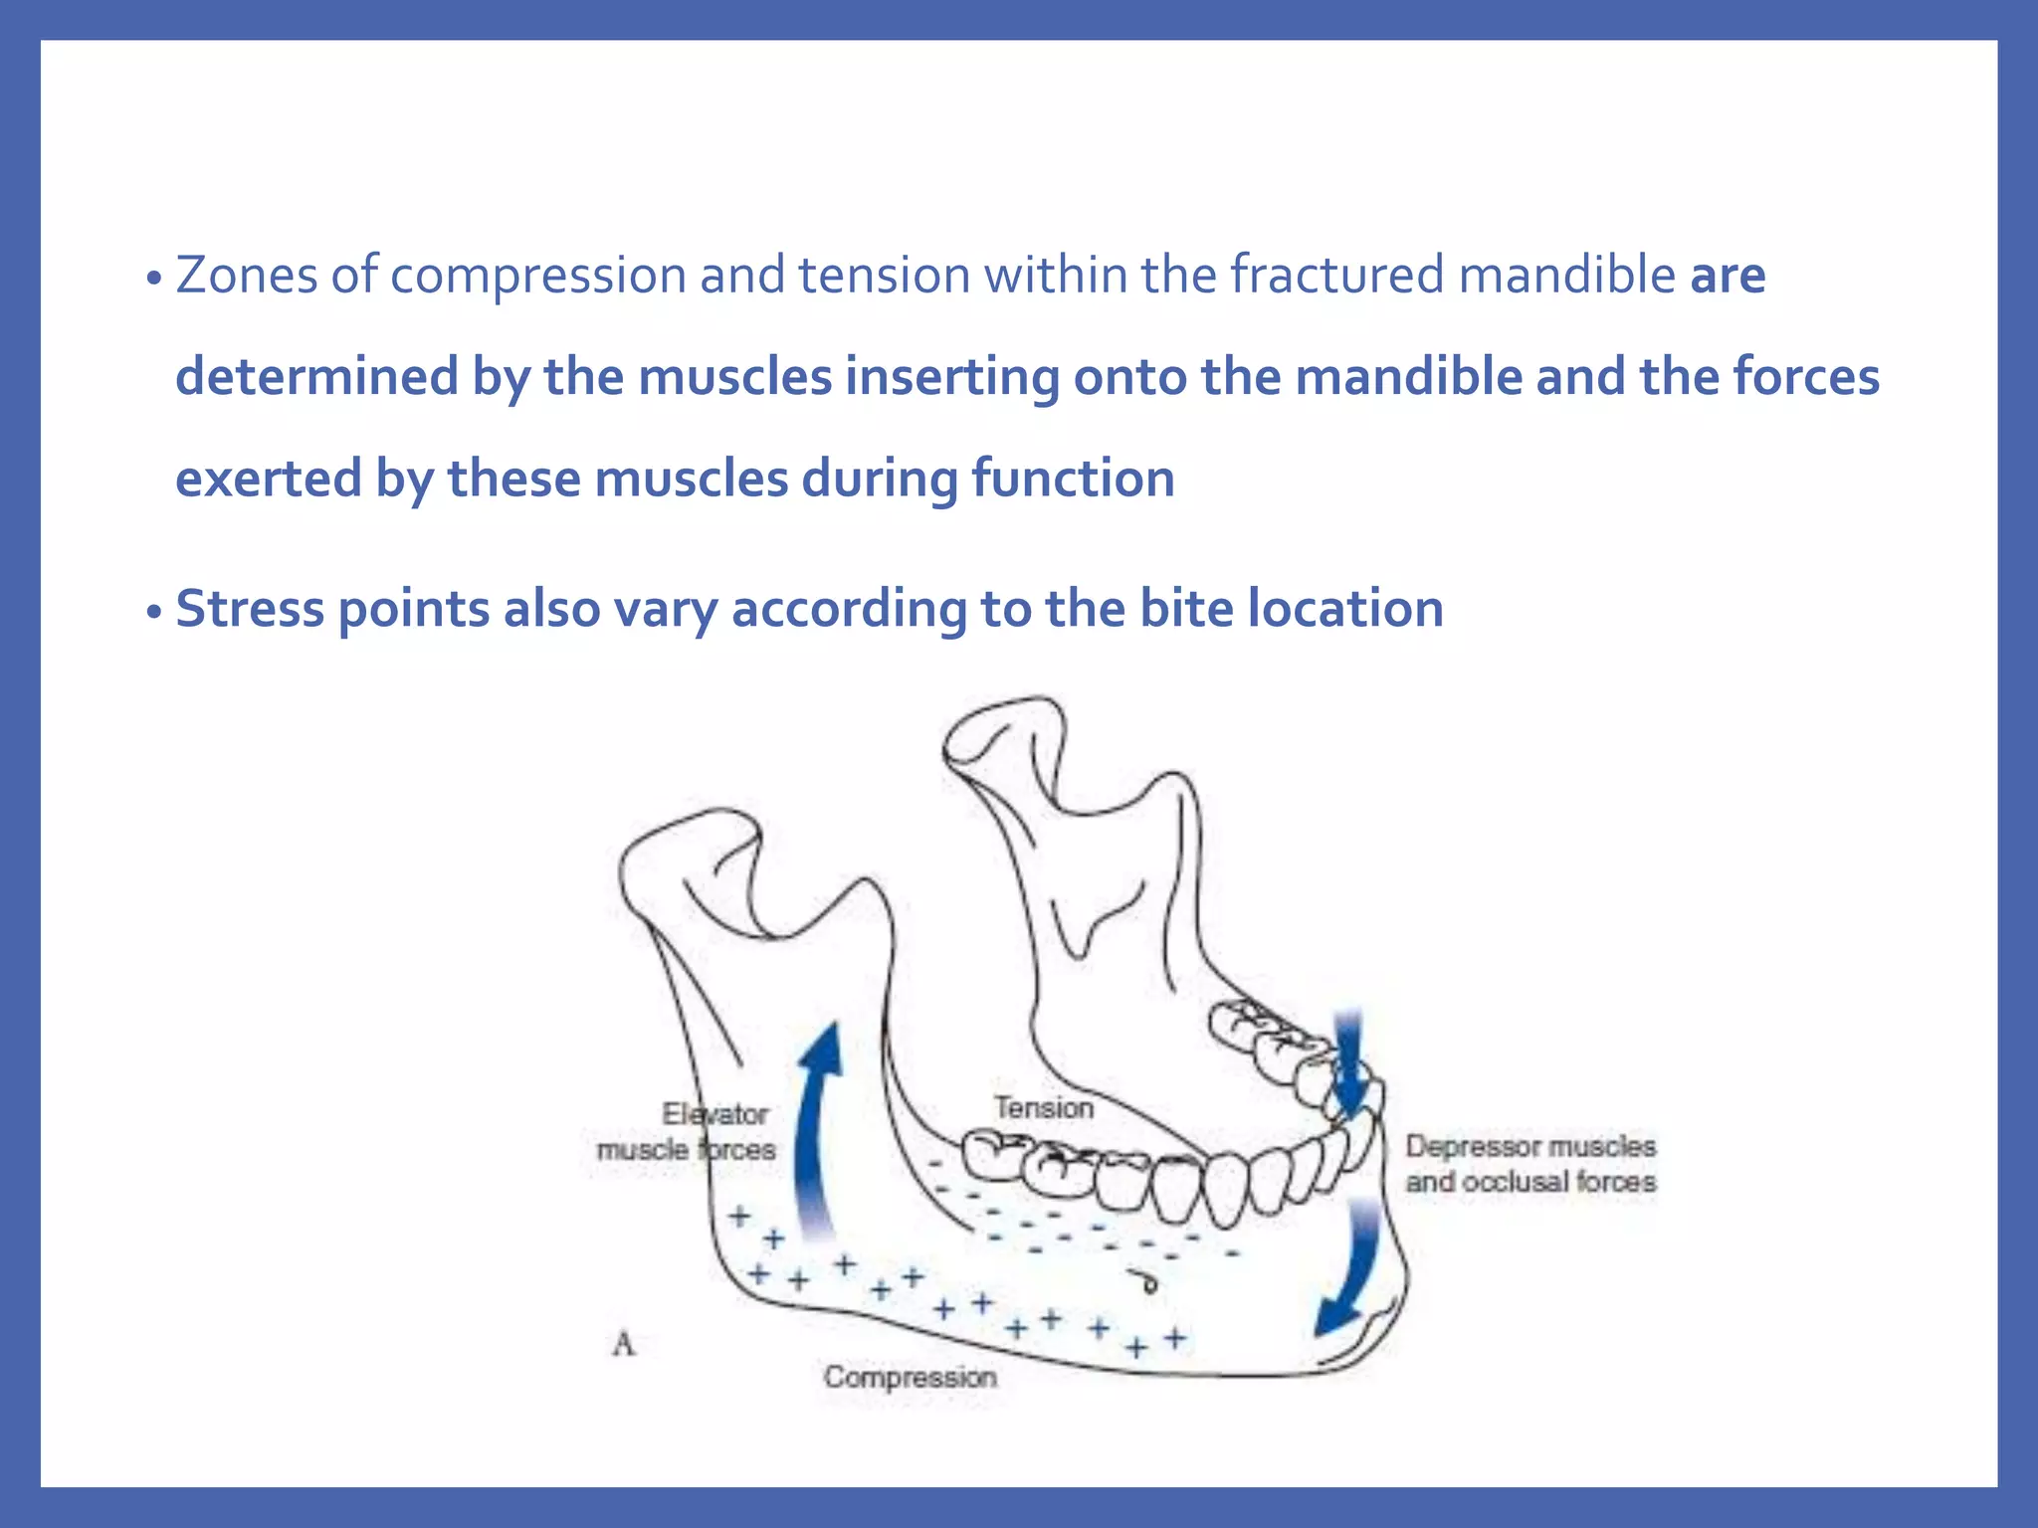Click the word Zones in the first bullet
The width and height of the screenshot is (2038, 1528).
point(246,276)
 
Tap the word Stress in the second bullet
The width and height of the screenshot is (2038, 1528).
point(249,609)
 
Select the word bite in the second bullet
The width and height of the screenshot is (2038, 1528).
point(1186,609)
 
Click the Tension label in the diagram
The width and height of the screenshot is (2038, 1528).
point(1043,1108)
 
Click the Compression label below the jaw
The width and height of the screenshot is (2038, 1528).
point(910,1378)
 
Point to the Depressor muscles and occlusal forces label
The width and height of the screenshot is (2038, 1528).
point(1529,1164)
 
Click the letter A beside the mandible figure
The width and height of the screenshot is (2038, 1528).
point(624,1345)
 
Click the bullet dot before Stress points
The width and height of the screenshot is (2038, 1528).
point(152,612)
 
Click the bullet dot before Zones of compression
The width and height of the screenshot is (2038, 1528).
point(152,279)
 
